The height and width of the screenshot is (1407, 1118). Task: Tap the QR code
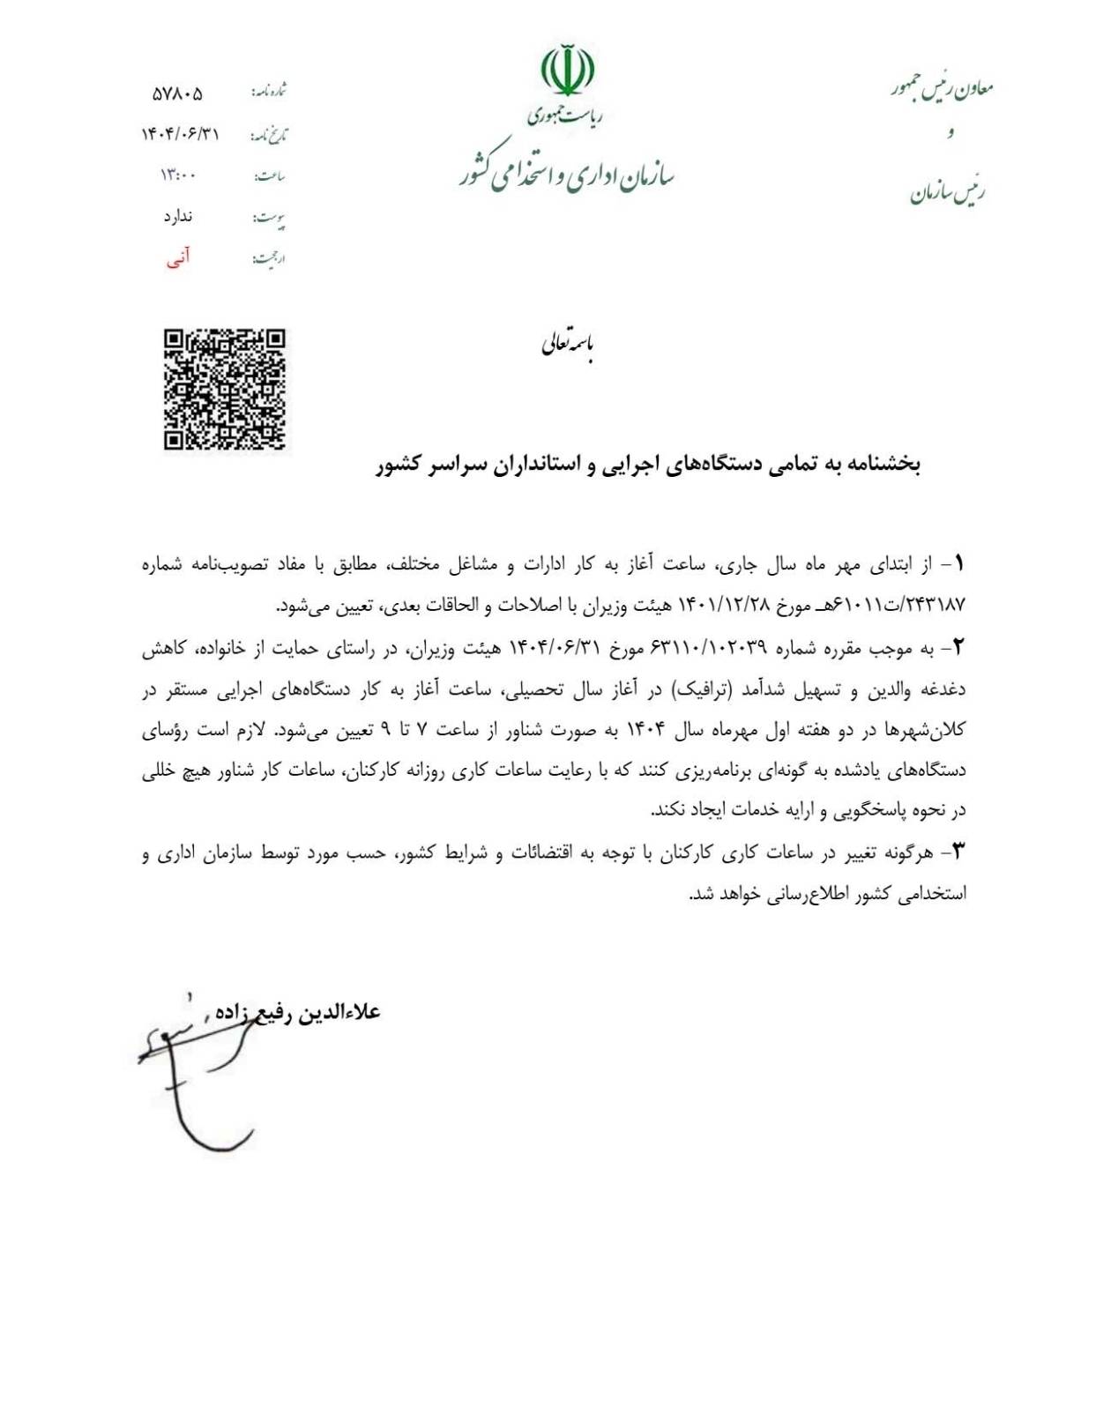point(224,389)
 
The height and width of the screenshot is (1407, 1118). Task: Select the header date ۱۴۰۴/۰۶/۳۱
point(180,134)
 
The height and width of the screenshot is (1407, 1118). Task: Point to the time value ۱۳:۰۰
point(178,175)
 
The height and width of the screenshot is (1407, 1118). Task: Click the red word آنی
point(178,257)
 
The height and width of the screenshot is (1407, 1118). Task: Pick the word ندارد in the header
point(178,216)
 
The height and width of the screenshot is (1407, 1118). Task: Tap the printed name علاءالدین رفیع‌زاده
point(298,1012)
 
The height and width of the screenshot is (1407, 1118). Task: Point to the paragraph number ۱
point(958,562)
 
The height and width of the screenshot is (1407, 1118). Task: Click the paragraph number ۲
point(958,648)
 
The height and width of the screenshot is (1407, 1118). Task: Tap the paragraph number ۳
point(958,852)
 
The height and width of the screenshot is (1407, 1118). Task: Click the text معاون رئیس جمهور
point(943,88)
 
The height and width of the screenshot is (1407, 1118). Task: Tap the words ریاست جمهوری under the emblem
point(566,115)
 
